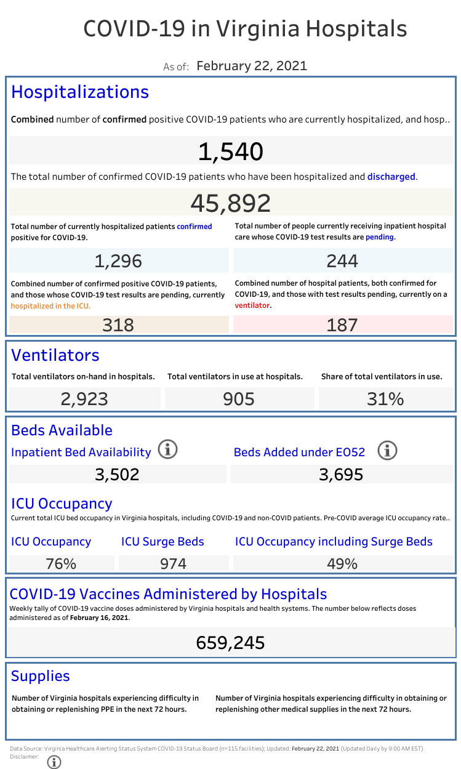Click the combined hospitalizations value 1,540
point(231,151)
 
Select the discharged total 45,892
point(231,203)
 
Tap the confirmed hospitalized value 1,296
point(118,260)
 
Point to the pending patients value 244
point(342,260)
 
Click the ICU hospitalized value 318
point(118,324)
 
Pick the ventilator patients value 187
point(342,324)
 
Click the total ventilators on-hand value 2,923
point(84,398)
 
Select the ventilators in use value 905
point(239,398)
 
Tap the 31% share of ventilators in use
point(385,398)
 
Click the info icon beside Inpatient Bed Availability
point(168,450)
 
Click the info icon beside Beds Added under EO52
point(387,450)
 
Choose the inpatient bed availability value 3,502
point(117,474)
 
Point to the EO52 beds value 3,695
point(341,474)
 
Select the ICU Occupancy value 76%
point(61,563)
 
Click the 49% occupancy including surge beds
point(342,563)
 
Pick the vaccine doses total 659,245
point(231,643)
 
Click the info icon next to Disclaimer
point(54,762)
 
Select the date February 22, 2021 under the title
point(252,66)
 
